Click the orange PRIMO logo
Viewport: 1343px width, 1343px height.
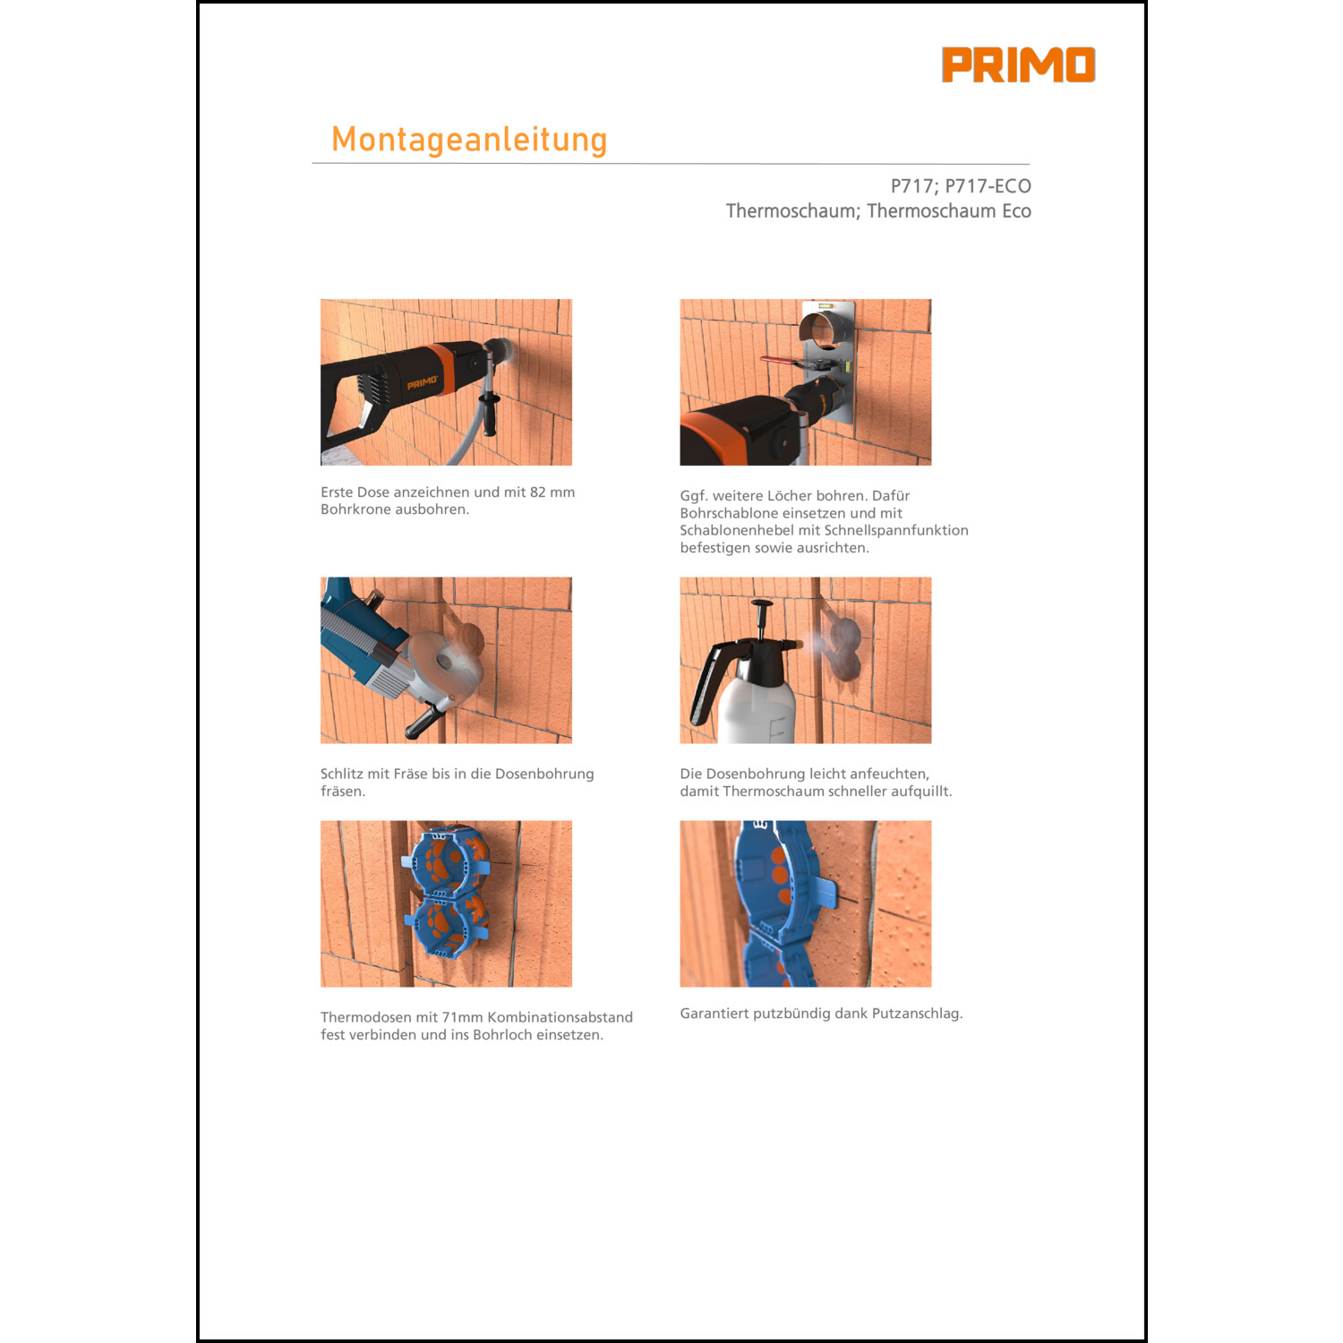1018,65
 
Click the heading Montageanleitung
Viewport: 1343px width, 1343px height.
469,140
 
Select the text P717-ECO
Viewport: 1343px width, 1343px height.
988,186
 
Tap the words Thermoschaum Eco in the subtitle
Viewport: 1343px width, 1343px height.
949,211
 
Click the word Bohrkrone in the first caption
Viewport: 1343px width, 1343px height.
355,509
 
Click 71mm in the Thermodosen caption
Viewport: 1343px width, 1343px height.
462,1017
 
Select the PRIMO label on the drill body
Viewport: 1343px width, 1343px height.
422,383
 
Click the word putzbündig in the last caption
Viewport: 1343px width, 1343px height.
788,1014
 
